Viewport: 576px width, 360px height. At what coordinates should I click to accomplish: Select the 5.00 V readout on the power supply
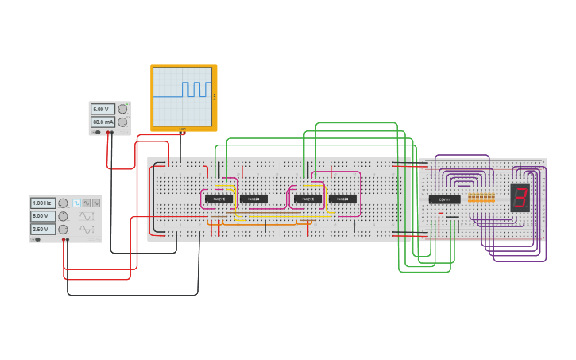102,109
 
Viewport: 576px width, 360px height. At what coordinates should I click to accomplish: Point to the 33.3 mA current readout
102,122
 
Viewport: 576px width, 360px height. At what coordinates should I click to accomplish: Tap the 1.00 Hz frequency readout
42,203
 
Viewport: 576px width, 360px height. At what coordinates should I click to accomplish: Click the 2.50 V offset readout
42,229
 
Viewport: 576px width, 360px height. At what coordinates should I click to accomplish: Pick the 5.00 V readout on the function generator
42,216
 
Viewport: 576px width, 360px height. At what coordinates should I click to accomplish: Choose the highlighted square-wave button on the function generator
77,203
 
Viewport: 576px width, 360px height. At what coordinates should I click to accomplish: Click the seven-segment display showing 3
520,196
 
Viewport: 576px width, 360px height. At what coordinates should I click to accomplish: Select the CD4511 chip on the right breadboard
444,199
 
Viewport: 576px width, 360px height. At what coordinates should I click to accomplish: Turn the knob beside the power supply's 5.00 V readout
122,109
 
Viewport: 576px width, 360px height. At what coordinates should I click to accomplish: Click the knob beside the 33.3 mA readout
122,122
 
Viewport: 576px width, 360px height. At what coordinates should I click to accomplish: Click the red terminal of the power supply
112,133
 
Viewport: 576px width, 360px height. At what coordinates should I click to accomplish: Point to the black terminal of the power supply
106,133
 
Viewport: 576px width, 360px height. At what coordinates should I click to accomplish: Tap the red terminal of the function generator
67,239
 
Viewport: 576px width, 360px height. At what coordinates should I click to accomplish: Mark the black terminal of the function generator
61,239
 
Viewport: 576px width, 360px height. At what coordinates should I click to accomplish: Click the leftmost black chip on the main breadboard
218,199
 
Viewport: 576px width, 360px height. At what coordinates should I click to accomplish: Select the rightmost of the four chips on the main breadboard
342,199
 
